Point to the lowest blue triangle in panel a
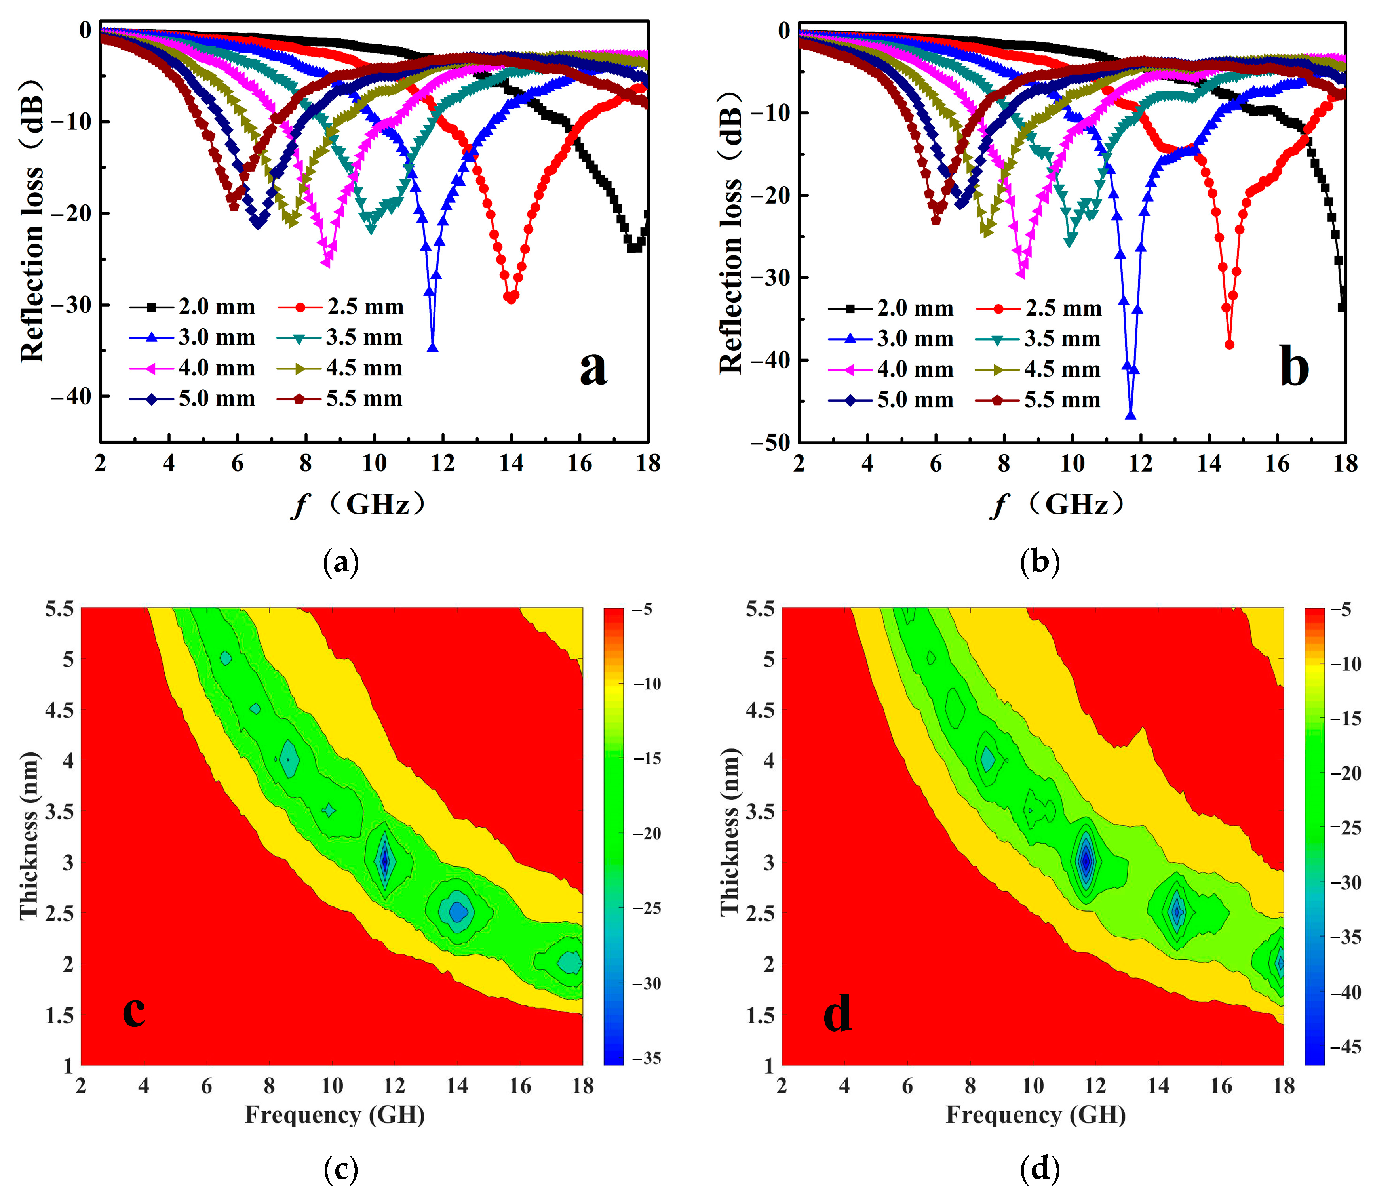(433, 347)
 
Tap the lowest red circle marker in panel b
(1229, 345)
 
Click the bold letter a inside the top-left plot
(593, 368)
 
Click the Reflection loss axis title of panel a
(32, 220)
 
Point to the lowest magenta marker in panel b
(1021, 273)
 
